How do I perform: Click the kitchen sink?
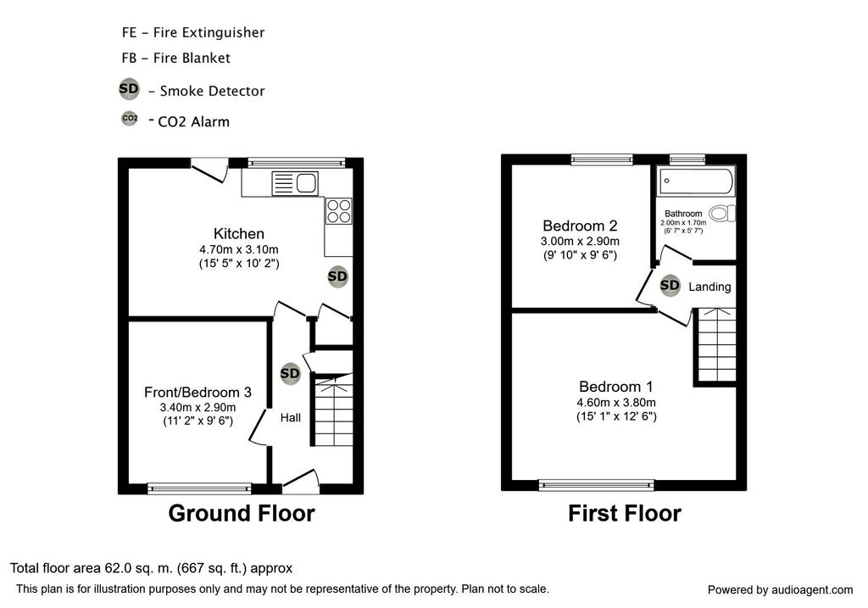[x=295, y=183]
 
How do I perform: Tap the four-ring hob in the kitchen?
[x=339, y=211]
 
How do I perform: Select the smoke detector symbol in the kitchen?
[x=337, y=276]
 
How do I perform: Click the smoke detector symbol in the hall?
[x=290, y=374]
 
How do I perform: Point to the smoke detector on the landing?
[x=670, y=285]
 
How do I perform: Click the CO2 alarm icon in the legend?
[x=130, y=118]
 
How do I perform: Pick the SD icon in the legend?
[x=129, y=88]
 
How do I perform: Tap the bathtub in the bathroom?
[x=696, y=181]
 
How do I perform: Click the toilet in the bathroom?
[x=723, y=213]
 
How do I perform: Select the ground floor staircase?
[x=333, y=410]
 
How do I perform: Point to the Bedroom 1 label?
[x=616, y=387]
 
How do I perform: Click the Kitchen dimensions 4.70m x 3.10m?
[x=239, y=250]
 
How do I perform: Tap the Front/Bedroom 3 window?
[x=199, y=488]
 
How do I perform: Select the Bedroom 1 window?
[x=597, y=485]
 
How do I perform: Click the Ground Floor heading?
[x=242, y=513]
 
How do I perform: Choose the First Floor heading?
[x=625, y=513]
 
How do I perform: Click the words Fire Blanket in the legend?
[x=192, y=59]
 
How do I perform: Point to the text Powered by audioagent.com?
[x=780, y=590]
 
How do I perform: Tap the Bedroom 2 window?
[x=602, y=160]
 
